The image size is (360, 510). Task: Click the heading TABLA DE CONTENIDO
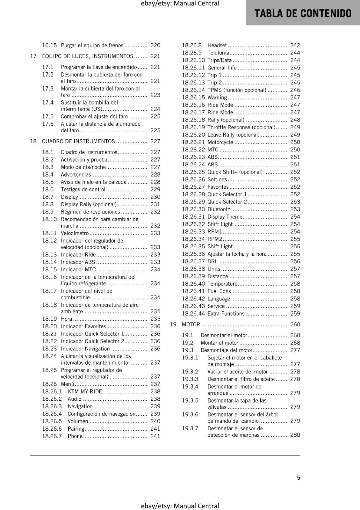(x=303, y=13)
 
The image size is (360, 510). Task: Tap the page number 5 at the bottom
(x=299, y=477)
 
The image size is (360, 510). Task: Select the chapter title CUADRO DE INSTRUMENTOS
(x=78, y=141)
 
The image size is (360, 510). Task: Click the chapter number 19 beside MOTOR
(x=173, y=324)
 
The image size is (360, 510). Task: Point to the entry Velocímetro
(x=75, y=233)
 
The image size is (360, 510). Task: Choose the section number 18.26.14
(x=193, y=90)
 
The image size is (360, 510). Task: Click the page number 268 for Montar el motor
(x=295, y=343)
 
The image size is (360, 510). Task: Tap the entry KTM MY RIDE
(x=85, y=391)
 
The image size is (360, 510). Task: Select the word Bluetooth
(x=219, y=209)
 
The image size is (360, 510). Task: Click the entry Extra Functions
(x=226, y=314)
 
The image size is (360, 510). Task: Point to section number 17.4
(x=48, y=102)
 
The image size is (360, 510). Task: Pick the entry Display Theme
(x=225, y=217)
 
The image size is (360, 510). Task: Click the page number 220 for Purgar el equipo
(x=155, y=45)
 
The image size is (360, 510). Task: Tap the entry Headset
(x=217, y=45)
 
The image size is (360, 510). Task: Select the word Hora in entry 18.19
(x=66, y=319)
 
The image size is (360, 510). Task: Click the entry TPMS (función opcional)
(x=237, y=90)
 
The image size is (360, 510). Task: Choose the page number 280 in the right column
(x=295, y=435)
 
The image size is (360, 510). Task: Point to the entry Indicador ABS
(x=78, y=262)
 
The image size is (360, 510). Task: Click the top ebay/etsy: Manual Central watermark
(x=180, y=4)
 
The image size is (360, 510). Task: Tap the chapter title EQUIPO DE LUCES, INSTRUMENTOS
(x=88, y=56)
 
